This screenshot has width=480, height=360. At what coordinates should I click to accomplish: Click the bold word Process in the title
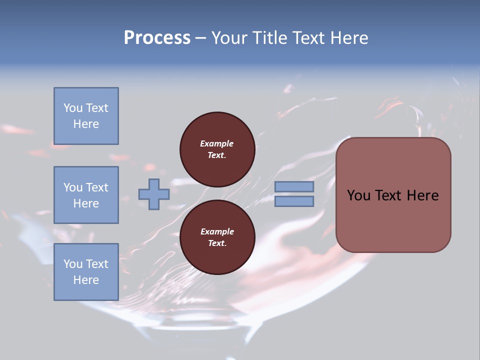tap(157, 38)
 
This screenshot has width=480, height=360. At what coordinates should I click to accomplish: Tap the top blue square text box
tap(86, 116)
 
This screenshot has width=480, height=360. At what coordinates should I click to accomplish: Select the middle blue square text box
tap(86, 195)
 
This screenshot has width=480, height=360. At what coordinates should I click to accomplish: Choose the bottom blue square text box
tap(86, 272)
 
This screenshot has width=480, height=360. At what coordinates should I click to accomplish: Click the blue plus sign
tap(154, 194)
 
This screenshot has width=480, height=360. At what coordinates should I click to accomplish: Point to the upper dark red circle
tap(217, 149)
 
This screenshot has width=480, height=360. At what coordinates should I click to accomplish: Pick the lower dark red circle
tap(217, 237)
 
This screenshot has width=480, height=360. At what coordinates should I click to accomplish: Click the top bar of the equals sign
tap(294, 186)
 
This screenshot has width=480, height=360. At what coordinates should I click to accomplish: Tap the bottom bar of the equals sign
tap(294, 201)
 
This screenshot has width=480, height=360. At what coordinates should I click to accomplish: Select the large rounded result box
tap(393, 194)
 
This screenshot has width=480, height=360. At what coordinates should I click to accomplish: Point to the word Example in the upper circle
tap(217, 143)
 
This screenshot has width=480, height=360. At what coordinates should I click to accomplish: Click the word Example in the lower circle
tap(217, 231)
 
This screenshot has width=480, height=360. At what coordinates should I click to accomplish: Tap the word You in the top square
tap(72, 108)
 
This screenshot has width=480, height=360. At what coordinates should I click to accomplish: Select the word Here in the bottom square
tap(86, 280)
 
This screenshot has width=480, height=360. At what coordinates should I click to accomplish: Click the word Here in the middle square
tap(86, 203)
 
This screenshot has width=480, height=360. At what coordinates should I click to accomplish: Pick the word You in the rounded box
tap(358, 195)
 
